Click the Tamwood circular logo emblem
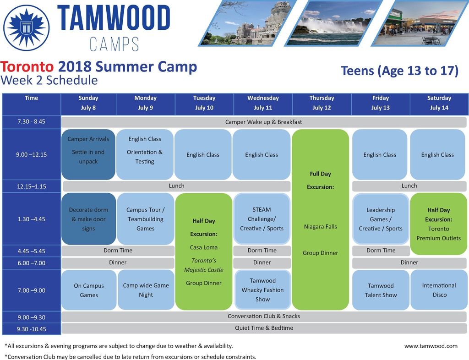pos(26,27)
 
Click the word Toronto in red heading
pos(27,66)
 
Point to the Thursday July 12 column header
pos(322,103)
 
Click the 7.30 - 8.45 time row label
pos(32,122)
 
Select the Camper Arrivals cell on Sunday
pos(88,154)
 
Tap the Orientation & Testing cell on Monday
pos(145,154)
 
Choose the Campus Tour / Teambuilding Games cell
pos(145,219)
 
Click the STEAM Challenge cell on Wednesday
pos(262,219)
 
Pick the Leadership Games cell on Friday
pos(381,219)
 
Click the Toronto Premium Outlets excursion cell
pos(438,224)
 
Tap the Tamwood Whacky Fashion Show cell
pos(262,290)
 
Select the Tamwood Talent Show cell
pos(381,290)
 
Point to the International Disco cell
pos(439,290)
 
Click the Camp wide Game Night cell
pos(146,290)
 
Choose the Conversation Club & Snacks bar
pos(263,316)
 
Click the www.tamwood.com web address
pos(431,346)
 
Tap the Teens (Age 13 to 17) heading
pos(399,71)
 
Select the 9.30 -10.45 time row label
pos(32,329)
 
